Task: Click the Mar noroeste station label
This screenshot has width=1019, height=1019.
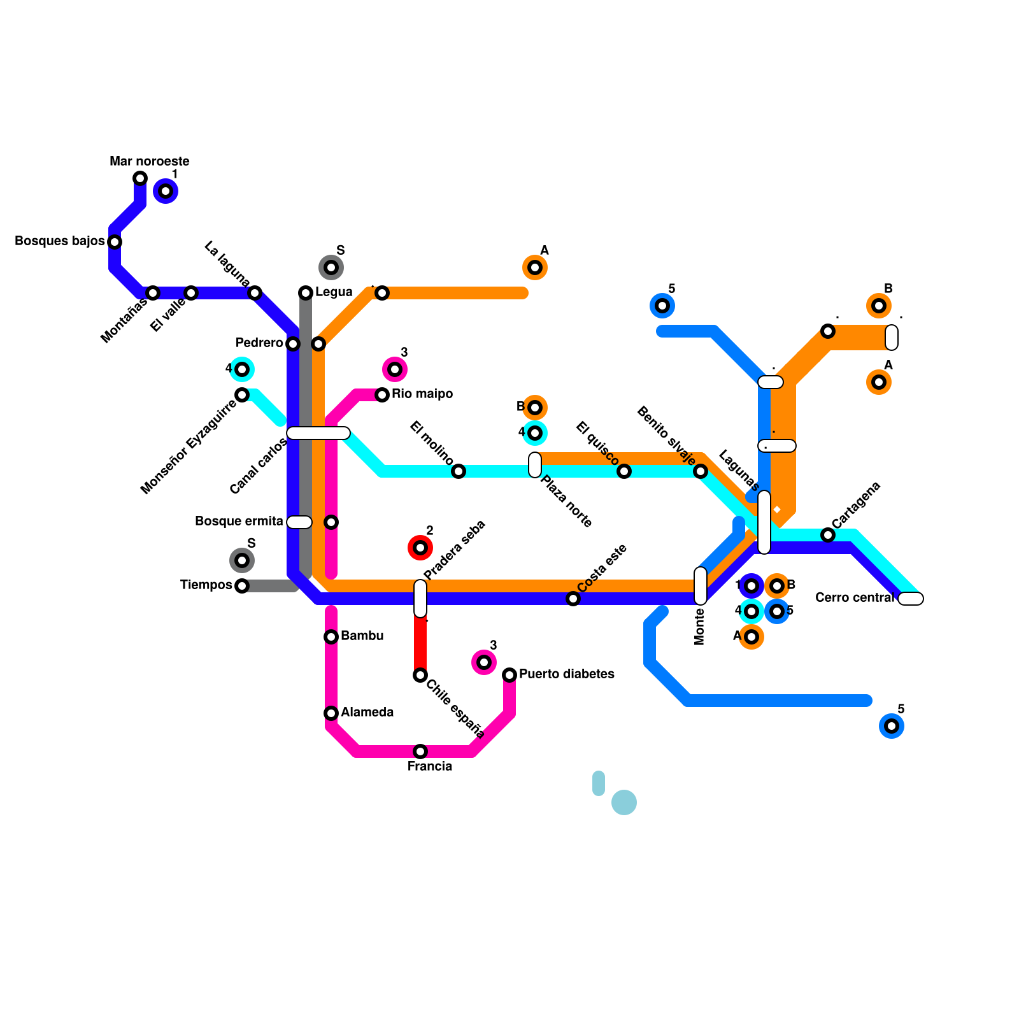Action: pyautogui.click(x=150, y=162)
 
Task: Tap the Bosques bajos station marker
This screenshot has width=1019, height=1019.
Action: pyautogui.click(x=115, y=242)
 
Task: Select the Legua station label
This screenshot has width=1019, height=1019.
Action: pyautogui.click(x=334, y=292)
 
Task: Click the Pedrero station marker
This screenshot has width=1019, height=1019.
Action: pyautogui.click(x=293, y=344)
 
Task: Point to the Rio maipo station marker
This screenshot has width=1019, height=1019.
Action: pyautogui.click(x=382, y=395)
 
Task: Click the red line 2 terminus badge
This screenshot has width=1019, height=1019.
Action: pyautogui.click(x=420, y=548)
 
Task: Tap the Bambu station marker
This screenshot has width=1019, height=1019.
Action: pyautogui.click(x=331, y=637)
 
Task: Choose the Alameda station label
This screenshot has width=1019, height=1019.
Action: pyautogui.click(x=367, y=713)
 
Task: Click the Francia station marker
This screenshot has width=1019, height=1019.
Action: pyautogui.click(x=420, y=752)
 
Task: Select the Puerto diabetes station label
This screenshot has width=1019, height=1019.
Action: pyautogui.click(x=566, y=674)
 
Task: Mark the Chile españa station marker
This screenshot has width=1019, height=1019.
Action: pyautogui.click(x=420, y=675)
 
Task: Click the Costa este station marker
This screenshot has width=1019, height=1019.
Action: pyautogui.click(x=573, y=599)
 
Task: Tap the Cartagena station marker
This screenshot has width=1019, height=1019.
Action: pyautogui.click(x=828, y=535)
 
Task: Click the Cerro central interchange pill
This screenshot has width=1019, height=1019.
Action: pyautogui.click(x=911, y=599)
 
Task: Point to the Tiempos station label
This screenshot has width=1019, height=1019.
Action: pyautogui.click(x=206, y=585)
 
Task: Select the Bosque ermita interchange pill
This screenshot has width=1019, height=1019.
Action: pyautogui.click(x=299, y=522)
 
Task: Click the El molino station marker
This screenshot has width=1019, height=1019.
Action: pyautogui.click(x=459, y=471)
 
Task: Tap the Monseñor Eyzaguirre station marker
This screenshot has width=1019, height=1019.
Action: pyautogui.click(x=242, y=395)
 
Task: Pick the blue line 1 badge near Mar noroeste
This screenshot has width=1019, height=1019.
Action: pyautogui.click(x=166, y=191)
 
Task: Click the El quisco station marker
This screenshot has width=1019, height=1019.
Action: pyautogui.click(x=624, y=471)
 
